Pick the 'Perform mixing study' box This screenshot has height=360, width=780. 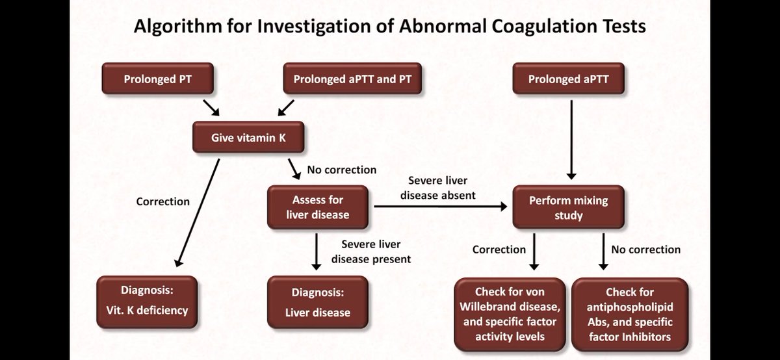point(568,207)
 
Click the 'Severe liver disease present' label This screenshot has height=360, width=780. point(371,251)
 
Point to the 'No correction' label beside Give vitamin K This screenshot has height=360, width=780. point(341,170)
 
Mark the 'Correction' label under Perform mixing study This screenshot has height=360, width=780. point(499,250)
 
